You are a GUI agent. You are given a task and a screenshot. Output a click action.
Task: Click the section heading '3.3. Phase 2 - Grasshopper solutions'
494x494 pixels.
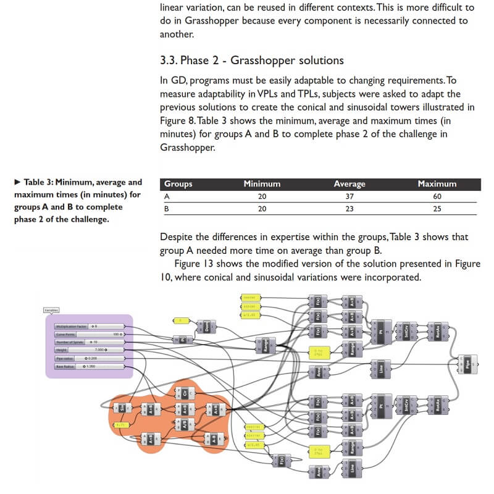251,61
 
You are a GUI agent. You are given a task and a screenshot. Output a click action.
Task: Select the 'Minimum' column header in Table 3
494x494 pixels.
262,184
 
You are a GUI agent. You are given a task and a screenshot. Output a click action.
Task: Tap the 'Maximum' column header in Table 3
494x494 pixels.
437,184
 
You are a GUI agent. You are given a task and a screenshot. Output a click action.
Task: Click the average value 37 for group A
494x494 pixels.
350,196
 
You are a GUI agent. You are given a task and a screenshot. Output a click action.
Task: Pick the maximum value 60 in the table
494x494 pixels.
437,196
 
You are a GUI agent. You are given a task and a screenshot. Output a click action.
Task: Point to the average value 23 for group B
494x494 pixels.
350,209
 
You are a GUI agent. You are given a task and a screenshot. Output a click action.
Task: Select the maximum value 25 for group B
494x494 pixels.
437,209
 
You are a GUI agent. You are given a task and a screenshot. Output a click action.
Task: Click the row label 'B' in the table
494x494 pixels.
167,209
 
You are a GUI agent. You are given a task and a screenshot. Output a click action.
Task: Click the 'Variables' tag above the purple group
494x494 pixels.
51,310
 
